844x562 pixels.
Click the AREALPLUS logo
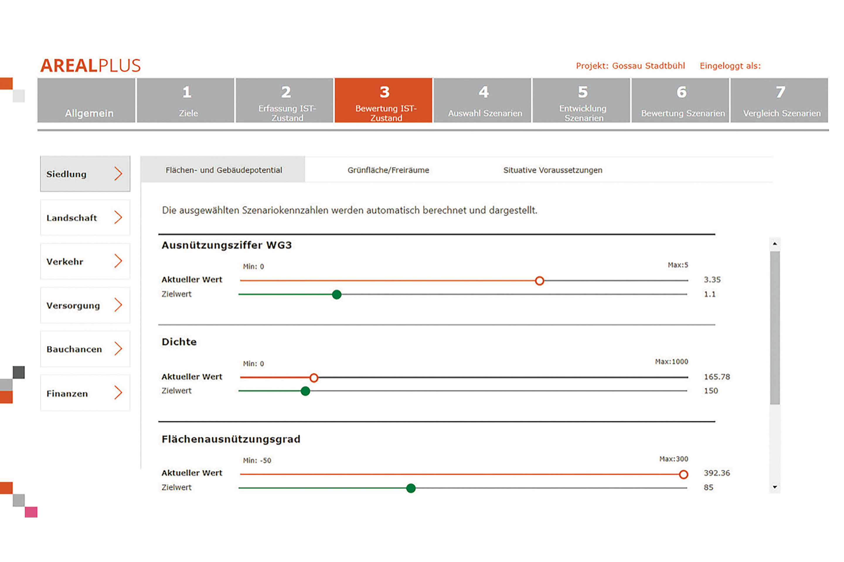[91, 66]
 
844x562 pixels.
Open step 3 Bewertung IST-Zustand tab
[383, 101]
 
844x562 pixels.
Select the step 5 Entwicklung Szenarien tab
[581, 101]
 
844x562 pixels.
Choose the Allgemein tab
[86, 101]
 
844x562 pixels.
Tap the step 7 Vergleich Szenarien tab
[780, 101]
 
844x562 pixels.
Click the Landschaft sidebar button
[85, 217]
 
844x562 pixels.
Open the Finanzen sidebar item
[85, 393]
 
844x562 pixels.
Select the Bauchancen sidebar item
[85, 349]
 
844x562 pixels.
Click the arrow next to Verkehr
[118, 261]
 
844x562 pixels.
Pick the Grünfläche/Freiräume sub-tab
[388, 170]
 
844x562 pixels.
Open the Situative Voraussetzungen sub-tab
[553, 170]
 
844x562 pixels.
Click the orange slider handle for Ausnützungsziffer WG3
[539, 281]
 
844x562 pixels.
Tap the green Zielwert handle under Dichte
[305, 391]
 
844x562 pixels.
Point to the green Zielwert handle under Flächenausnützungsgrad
[411, 488]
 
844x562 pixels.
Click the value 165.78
[717, 377]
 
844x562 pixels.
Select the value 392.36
[717, 473]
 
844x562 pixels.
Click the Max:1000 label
[671, 362]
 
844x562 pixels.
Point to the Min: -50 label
[257, 460]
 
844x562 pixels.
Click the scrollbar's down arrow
[775, 487]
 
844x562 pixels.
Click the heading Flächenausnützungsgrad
[231, 439]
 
